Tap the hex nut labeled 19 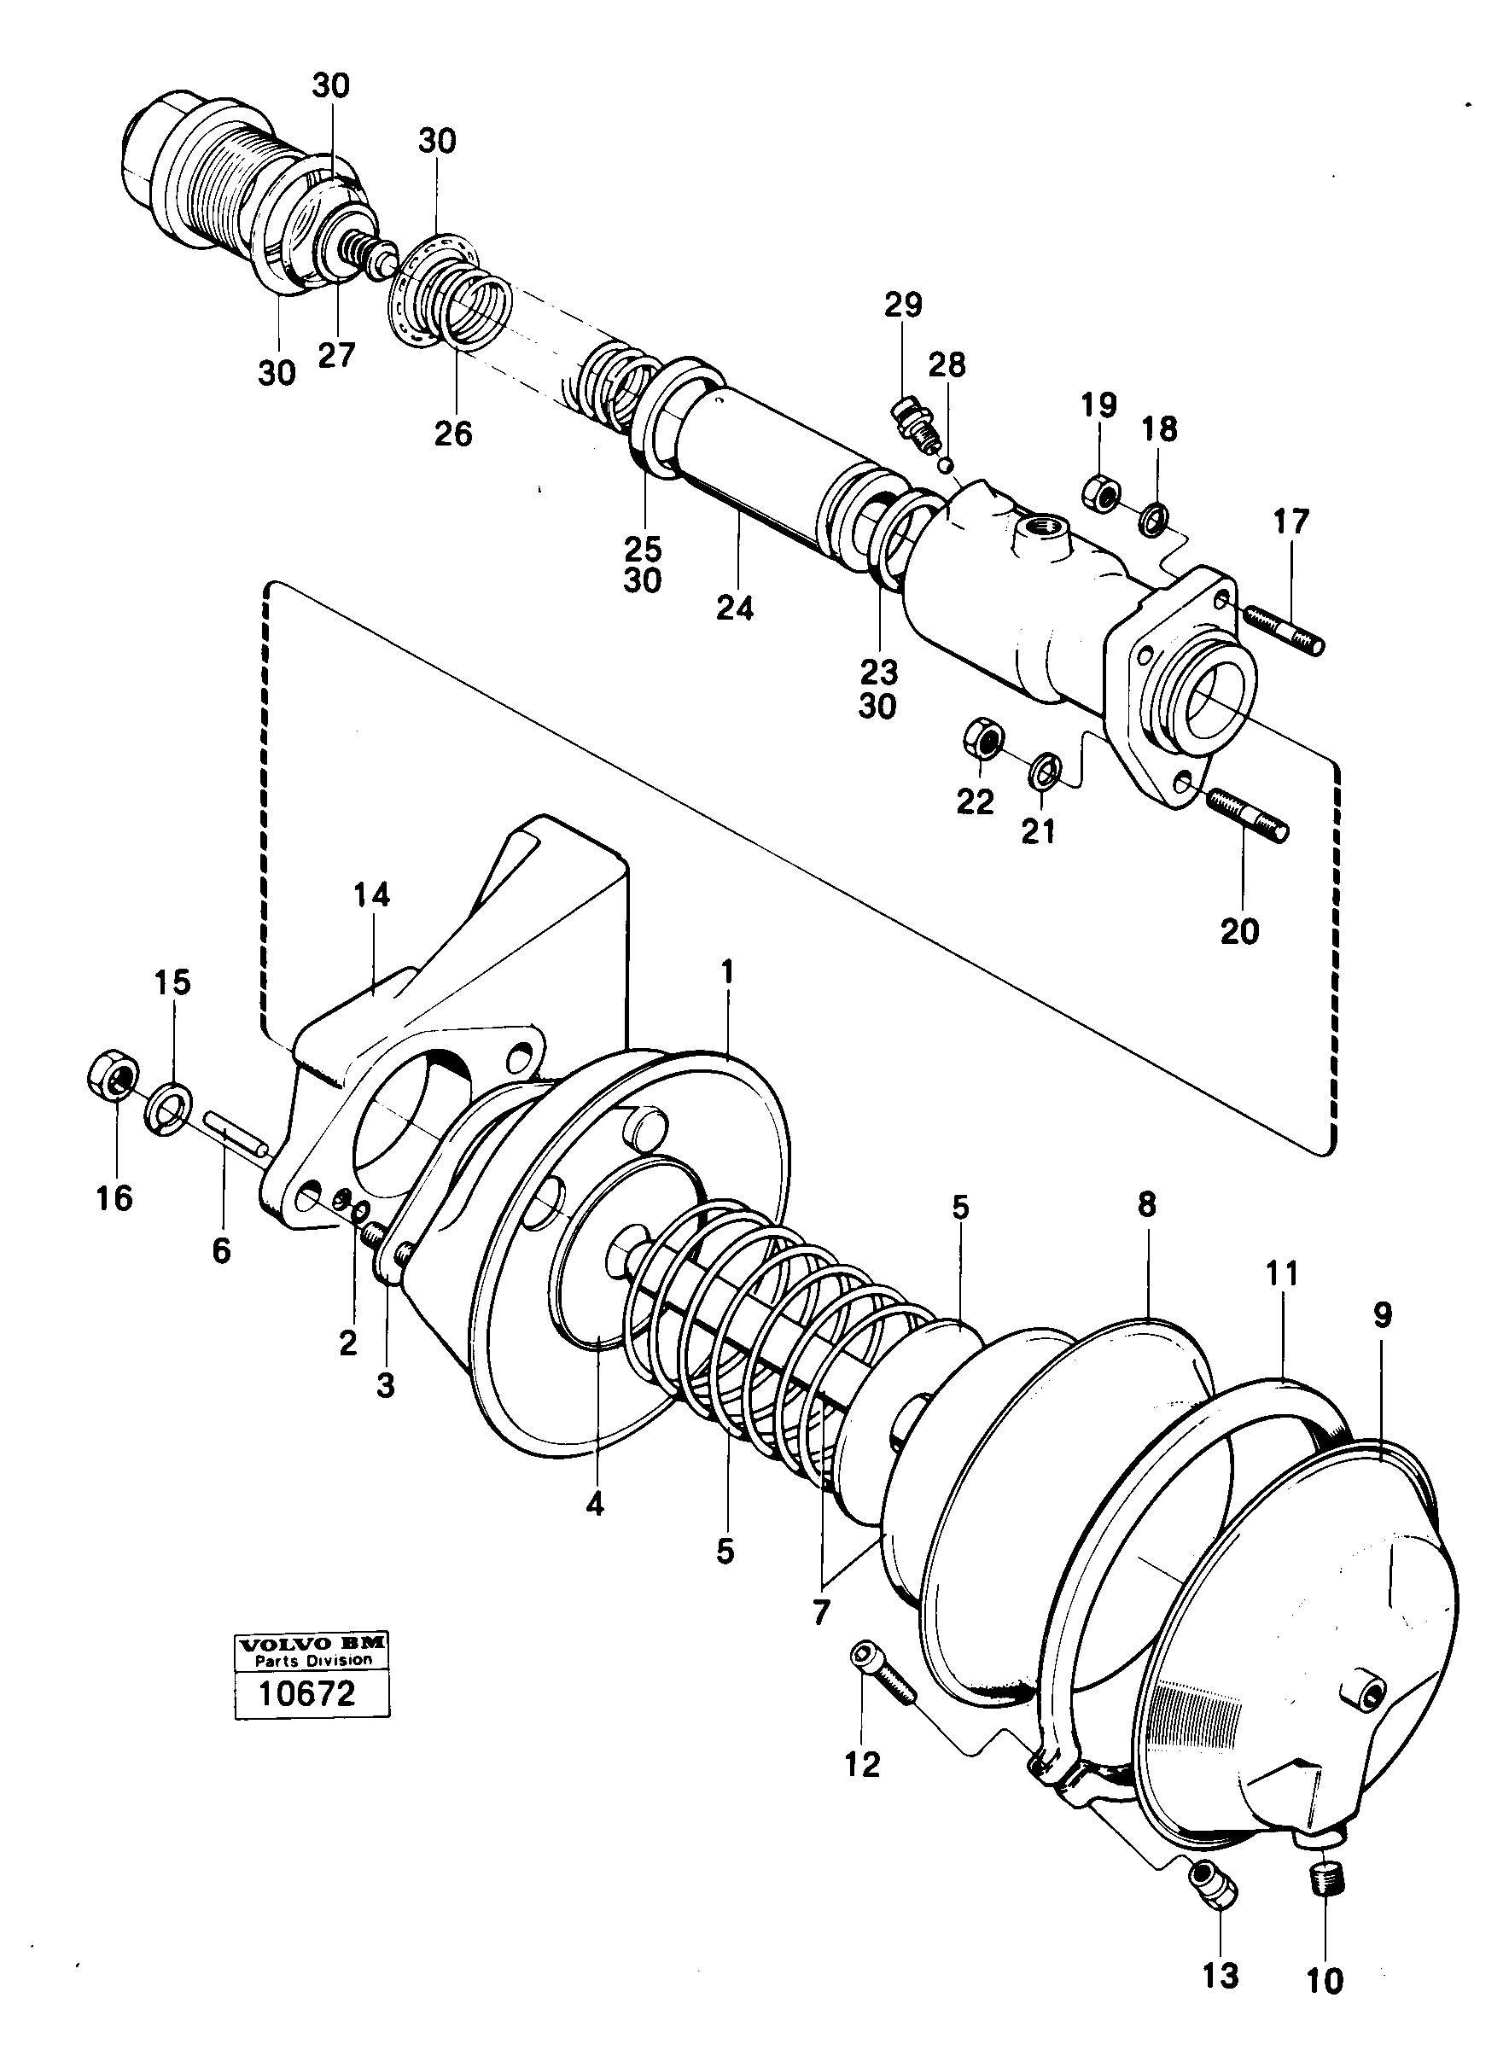(x=1102, y=492)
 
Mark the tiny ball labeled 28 (x=948, y=463)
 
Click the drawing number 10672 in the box (x=306, y=1694)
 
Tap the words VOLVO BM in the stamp (x=312, y=1644)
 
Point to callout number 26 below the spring (x=453, y=434)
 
